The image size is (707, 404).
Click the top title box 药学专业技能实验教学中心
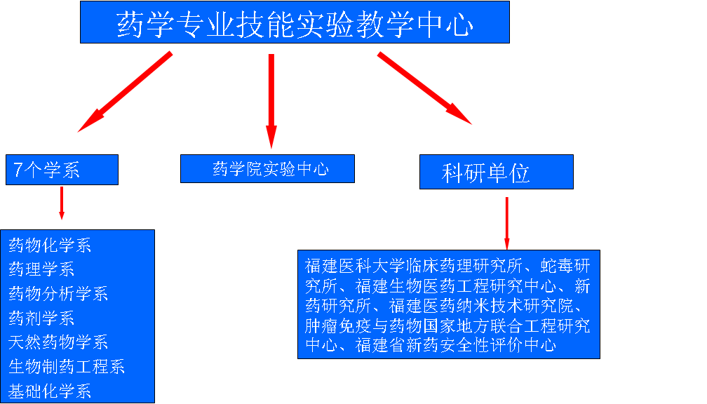[295, 22]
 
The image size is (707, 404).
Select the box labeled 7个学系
[62, 170]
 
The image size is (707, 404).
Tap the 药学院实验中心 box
[267, 169]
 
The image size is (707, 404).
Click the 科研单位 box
[496, 173]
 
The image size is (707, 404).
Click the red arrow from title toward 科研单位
[424, 88]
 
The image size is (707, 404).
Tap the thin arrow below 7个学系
[62, 202]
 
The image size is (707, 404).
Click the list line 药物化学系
[50, 245]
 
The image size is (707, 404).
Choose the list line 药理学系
[41, 269]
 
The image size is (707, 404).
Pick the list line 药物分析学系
[58, 293]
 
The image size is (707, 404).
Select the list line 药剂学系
[41, 318]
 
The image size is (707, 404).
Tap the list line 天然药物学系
[58, 342]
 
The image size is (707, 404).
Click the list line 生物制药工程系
[67, 367]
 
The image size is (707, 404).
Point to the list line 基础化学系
[50, 391]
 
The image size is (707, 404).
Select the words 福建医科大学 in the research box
[356, 266]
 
